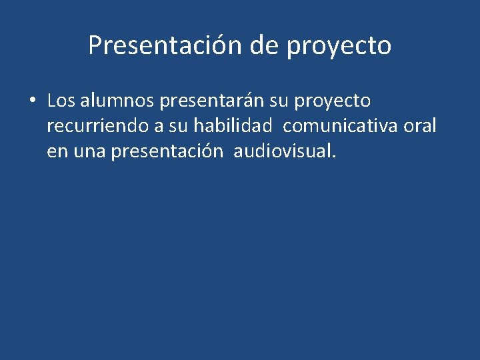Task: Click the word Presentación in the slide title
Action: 166,46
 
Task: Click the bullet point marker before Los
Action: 32,101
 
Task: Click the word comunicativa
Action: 339,127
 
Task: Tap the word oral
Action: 420,127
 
